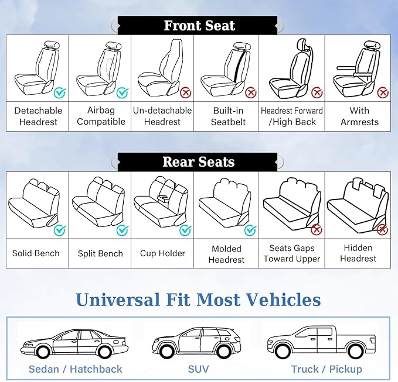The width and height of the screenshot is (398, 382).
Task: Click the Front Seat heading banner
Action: (198, 26)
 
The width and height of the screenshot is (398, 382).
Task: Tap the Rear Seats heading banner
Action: (198, 162)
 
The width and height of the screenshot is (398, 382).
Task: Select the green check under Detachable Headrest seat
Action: (60, 92)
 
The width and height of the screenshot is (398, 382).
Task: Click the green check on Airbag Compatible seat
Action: (122, 92)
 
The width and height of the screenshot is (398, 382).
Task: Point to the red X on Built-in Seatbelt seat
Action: (251, 92)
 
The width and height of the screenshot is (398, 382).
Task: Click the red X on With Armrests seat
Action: (382, 92)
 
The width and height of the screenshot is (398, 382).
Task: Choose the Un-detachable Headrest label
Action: (162, 116)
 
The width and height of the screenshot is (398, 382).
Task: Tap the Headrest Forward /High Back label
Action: (292, 116)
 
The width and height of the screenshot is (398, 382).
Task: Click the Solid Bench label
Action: (36, 253)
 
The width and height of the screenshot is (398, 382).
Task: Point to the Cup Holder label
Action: (162, 253)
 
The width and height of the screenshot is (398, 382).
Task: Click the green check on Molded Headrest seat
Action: (250, 230)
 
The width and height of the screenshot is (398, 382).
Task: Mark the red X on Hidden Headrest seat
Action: (382, 230)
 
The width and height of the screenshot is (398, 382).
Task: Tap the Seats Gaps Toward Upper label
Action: (292, 253)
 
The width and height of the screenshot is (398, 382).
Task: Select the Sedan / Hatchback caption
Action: (76, 369)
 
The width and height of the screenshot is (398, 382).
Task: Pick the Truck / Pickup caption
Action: (326, 369)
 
